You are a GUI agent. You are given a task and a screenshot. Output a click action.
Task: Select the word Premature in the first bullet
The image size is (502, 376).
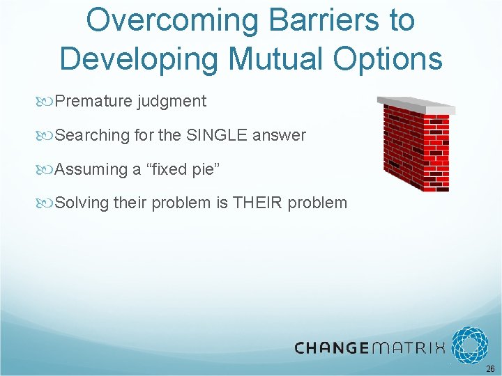pos(93,101)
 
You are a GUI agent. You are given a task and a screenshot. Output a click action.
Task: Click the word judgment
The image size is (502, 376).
pos(172,101)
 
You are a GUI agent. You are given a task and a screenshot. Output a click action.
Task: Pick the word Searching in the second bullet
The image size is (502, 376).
pos(91,135)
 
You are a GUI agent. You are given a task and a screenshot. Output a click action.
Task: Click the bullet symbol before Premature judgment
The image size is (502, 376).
pos(47,102)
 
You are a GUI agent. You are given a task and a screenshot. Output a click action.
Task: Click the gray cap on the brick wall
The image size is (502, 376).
pos(417,104)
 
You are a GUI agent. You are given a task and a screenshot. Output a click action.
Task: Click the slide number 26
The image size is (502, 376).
pos(490,368)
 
